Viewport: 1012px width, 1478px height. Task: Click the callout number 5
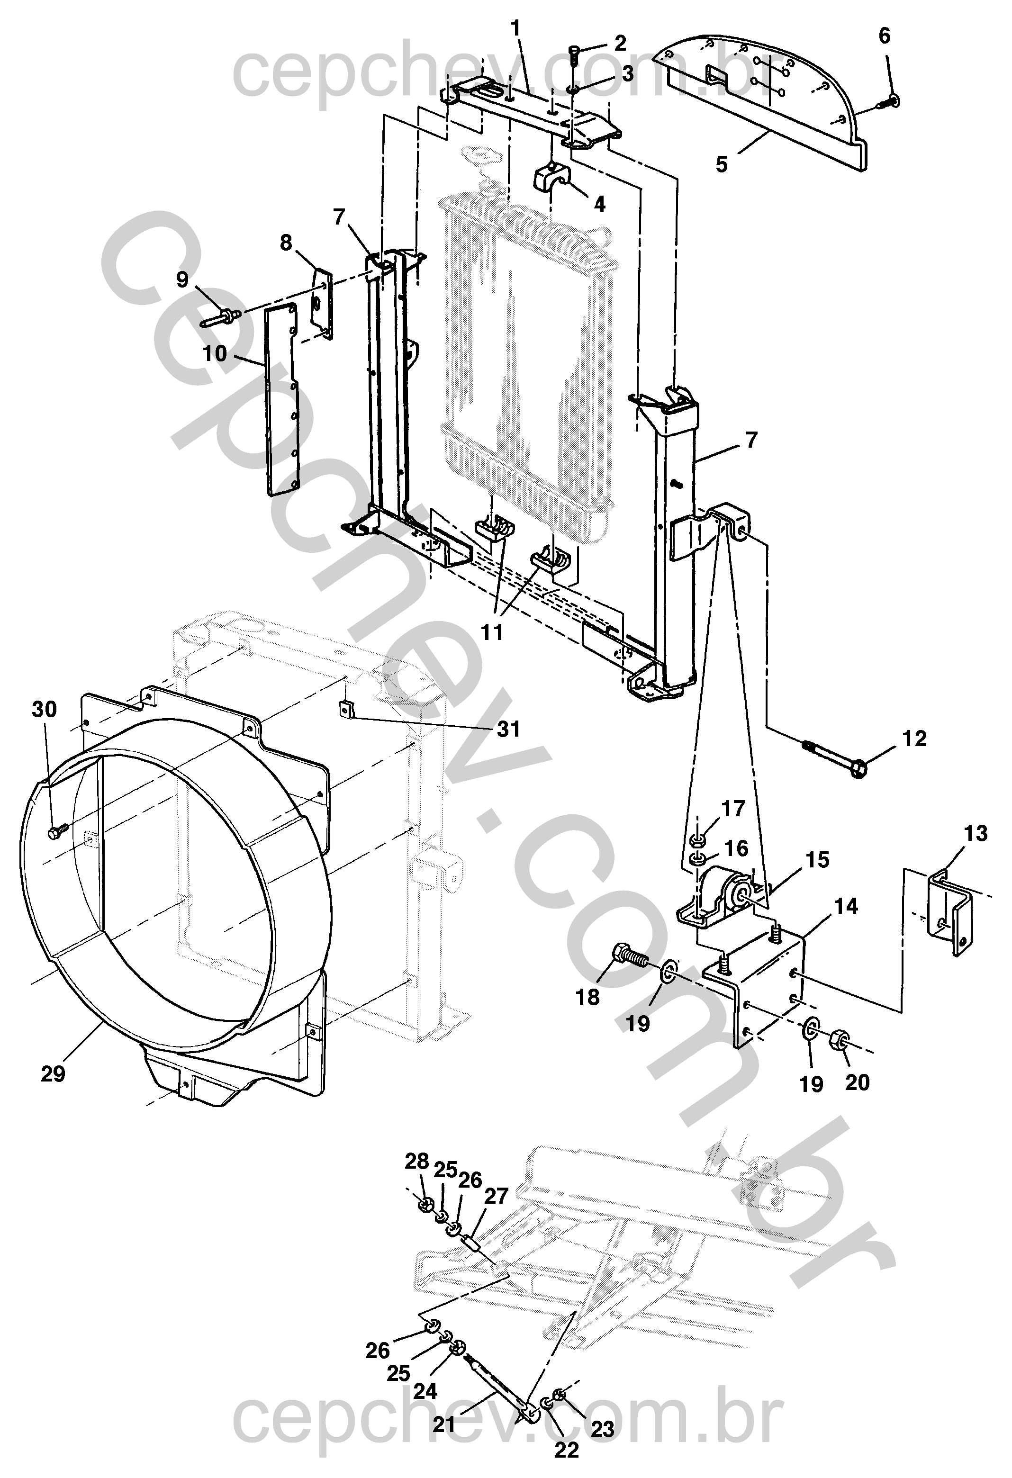pyautogui.click(x=721, y=163)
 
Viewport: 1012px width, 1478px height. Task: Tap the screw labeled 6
pyautogui.click(x=891, y=100)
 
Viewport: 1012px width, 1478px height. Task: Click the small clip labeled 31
pyautogui.click(x=346, y=708)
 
